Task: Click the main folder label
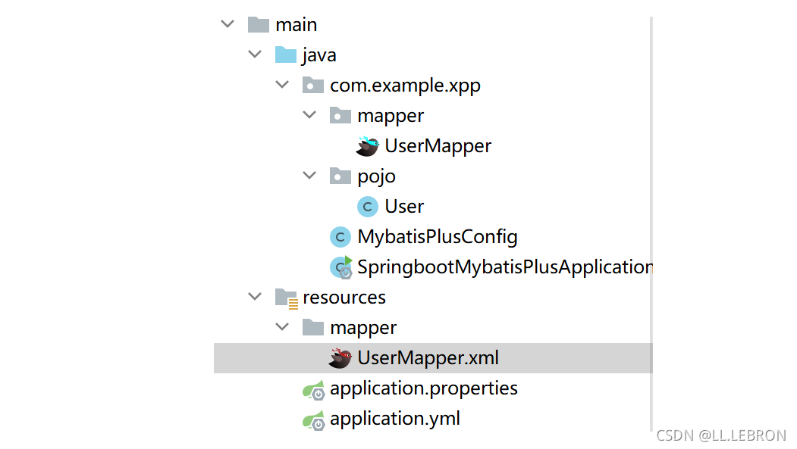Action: pyautogui.click(x=297, y=25)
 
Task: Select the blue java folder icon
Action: pyautogui.click(x=286, y=55)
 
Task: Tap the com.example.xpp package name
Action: pyautogui.click(x=405, y=86)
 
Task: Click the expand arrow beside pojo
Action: pyautogui.click(x=309, y=176)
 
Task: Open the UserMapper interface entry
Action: pyautogui.click(x=438, y=146)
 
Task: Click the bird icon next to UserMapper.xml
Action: pyautogui.click(x=340, y=358)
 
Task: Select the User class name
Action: pyautogui.click(x=404, y=207)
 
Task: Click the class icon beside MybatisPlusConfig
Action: pyautogui.click(x=340, y=237)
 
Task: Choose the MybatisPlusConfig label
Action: pyautogui.click(x=438, y=237)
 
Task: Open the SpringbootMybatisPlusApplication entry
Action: pyautogui.click(x=505, y=267)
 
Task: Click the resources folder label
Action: pyautogui.click(x=344, y=298)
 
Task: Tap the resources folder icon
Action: pyautogui.click(x=286, y=298)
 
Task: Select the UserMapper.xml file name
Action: pyautogui.click(x=428, y=358)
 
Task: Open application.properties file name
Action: pyautogui.click(x=424, y=388)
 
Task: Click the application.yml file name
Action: pyautogui.click(x=395, y=419)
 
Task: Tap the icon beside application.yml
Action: pyautogui.click(x=314, y=420)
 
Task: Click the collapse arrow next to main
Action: pyautogui.click(x=227, y=23)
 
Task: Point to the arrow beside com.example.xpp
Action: pyautogui.click(x=282, y=85)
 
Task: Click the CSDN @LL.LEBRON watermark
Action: pyautogui.click(x=721, y=435)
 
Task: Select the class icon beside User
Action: pyautogui.click(x=368, y=207)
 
